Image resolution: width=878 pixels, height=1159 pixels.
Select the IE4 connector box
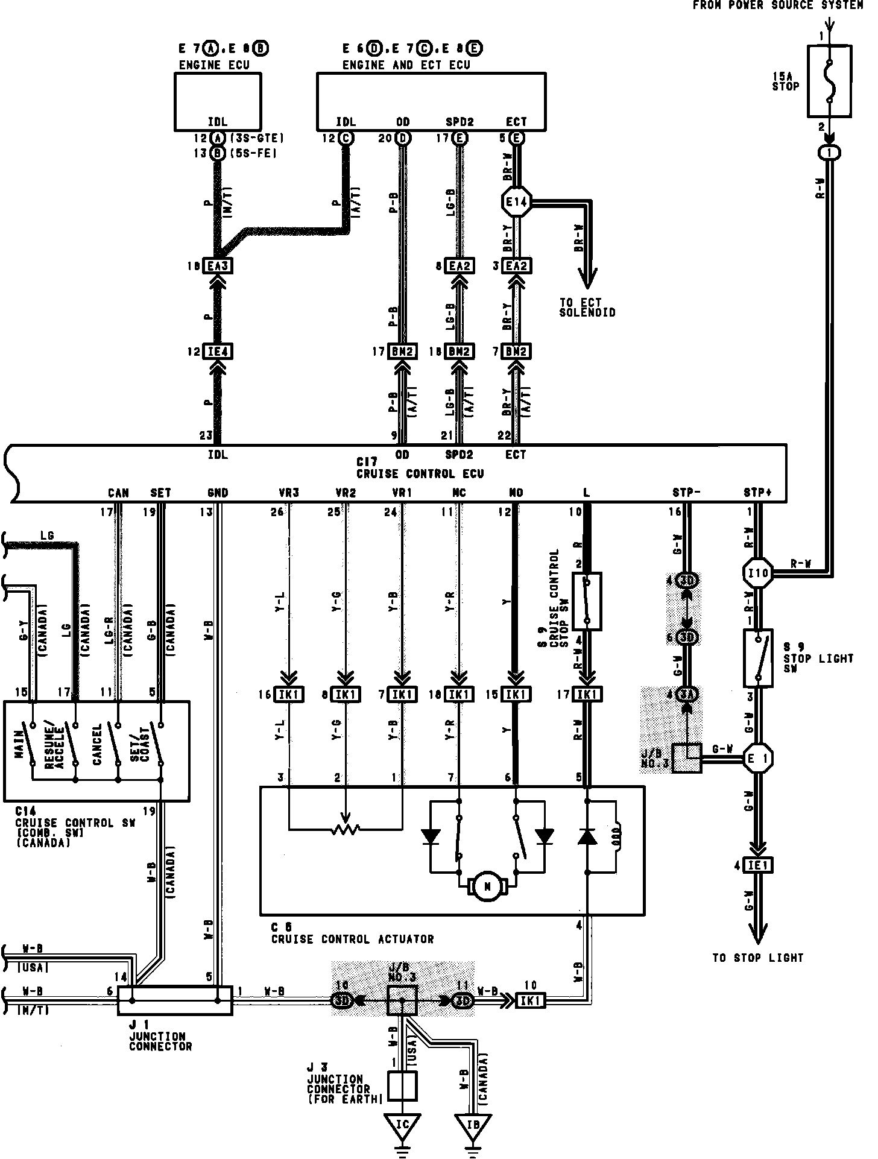coord(218,351)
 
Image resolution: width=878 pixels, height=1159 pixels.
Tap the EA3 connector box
coord(218,266)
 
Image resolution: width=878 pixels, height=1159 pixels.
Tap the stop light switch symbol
coord(758,658)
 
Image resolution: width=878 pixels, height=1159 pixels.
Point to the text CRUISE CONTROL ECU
coord(420,473)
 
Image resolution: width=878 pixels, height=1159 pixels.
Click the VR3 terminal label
coord(289,493)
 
